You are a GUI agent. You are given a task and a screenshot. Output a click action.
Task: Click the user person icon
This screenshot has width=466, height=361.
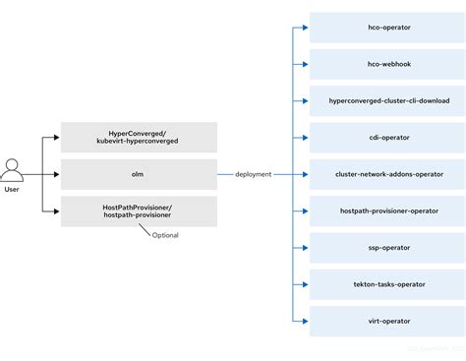[13, 170]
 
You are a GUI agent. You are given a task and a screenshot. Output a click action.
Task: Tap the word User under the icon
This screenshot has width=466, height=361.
[13, 189]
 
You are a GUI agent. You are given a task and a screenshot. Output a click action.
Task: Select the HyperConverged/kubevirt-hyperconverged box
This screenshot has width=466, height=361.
[139, 137]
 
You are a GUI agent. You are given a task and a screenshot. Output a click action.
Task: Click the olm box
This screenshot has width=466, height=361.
[139, 174]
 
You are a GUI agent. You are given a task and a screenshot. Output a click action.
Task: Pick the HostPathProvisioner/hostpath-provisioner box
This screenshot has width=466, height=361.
[139, 211]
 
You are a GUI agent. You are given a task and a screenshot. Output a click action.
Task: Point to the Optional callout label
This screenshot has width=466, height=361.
[165, 235]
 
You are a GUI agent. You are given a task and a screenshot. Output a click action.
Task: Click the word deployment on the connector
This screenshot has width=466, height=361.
[254, 174]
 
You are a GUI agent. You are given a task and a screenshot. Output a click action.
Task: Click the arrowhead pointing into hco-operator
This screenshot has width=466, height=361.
[306, 28]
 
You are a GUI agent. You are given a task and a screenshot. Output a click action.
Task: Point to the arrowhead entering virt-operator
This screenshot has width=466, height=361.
[306, 321]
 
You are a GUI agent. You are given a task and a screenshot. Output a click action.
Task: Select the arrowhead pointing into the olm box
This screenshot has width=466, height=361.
[57, 174]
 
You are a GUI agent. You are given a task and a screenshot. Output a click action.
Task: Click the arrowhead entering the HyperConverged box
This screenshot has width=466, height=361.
[57, 137]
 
